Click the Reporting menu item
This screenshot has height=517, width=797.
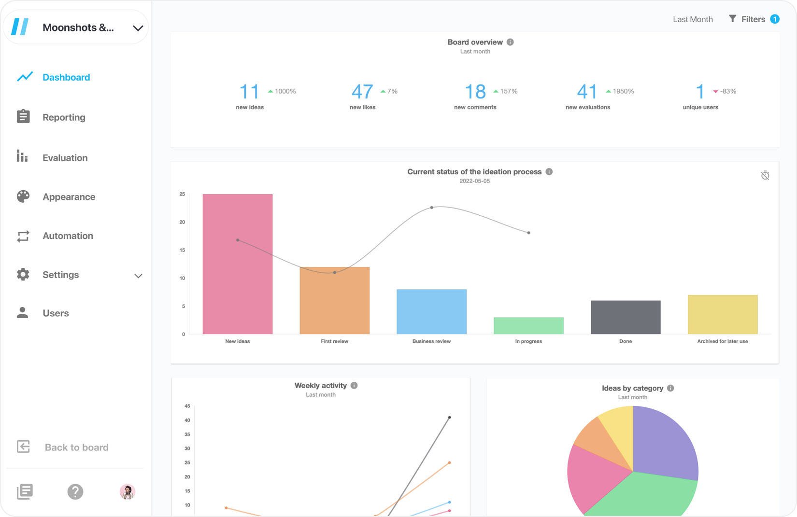click(x=63, y=117)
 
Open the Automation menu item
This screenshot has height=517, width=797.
click(x=67, y=236)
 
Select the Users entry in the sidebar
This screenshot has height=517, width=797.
click(x=55, y=313)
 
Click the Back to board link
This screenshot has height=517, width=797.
click(x=76, y=447)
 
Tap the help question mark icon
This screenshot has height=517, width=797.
click(x=75, y=491)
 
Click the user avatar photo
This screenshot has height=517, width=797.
click(x=128, y=491)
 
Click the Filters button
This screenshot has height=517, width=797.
click(x=753, y=19)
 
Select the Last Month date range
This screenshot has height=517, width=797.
click(x=693, y=19)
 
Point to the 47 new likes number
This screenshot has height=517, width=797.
click(x=362, y=91)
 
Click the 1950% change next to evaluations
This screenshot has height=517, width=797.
click(x=623, y=91)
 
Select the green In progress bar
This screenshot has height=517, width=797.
click(x=528, y=325)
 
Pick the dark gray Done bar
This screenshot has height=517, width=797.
click(x=626, y=317)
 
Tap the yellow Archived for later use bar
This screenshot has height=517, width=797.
click(x=722, y=314)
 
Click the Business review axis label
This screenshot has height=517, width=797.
click(x=431, y=341)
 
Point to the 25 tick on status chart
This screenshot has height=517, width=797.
click(x=182, y=194)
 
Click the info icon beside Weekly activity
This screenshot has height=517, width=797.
click(x=354, y=385)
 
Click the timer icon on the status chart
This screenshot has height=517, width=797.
click(x=765, y=175)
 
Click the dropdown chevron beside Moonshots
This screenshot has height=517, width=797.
click(x=138, y=28)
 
